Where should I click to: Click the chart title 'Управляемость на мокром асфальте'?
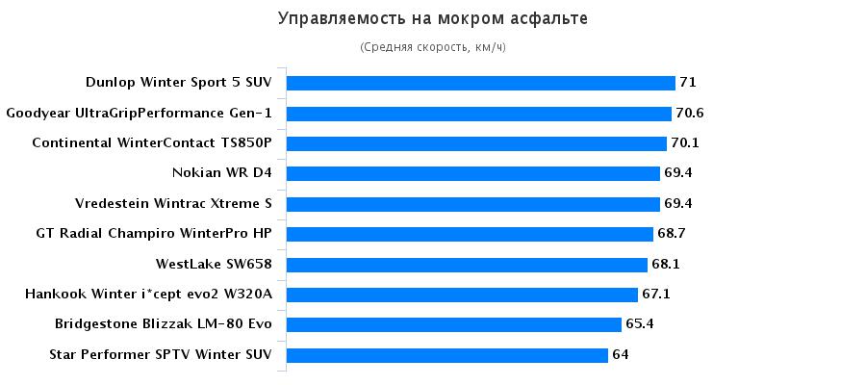(432, 18)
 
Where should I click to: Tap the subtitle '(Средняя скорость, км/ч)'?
(432, 47)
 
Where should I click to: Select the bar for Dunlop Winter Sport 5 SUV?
(480, 83)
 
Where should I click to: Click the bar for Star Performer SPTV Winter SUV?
(447, 355)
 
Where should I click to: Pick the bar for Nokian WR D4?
(472, 173)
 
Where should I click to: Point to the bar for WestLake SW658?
(467, 265)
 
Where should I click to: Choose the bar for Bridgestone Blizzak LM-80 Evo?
(453, 324)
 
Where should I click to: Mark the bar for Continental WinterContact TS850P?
(476, 143)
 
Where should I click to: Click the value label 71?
(687, 83)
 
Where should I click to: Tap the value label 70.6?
(690, 114)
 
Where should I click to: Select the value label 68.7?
(670, 234)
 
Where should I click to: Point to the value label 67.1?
(657, 295)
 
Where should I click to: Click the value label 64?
(621, 355)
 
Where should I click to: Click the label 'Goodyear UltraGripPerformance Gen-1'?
(140, 114)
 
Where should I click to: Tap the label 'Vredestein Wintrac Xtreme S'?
(173, 204)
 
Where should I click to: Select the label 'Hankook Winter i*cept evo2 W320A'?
(148, 295)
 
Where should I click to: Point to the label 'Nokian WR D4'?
(221, 173)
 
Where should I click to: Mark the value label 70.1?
(685, 143)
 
